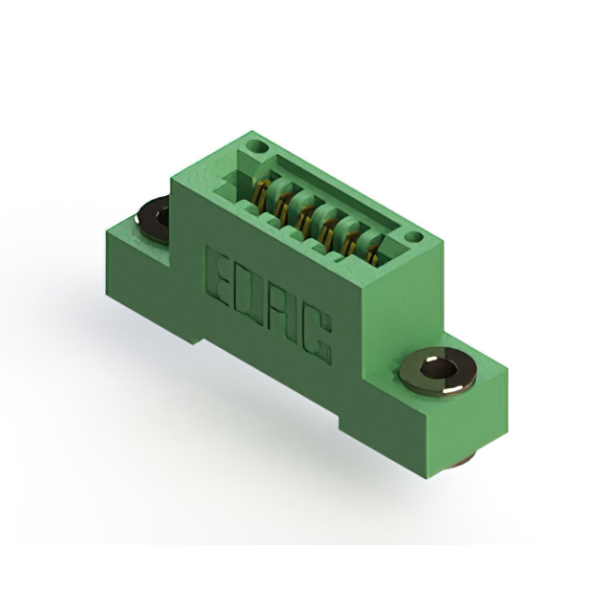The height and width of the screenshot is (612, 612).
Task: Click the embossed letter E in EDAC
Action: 218,278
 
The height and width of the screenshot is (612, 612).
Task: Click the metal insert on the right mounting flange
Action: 439,371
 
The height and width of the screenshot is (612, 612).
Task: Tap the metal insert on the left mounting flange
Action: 153,219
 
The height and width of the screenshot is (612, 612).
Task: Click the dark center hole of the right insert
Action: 439,369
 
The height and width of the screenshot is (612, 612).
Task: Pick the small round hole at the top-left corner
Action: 257,147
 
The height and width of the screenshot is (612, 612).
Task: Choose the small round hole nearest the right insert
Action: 413,237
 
